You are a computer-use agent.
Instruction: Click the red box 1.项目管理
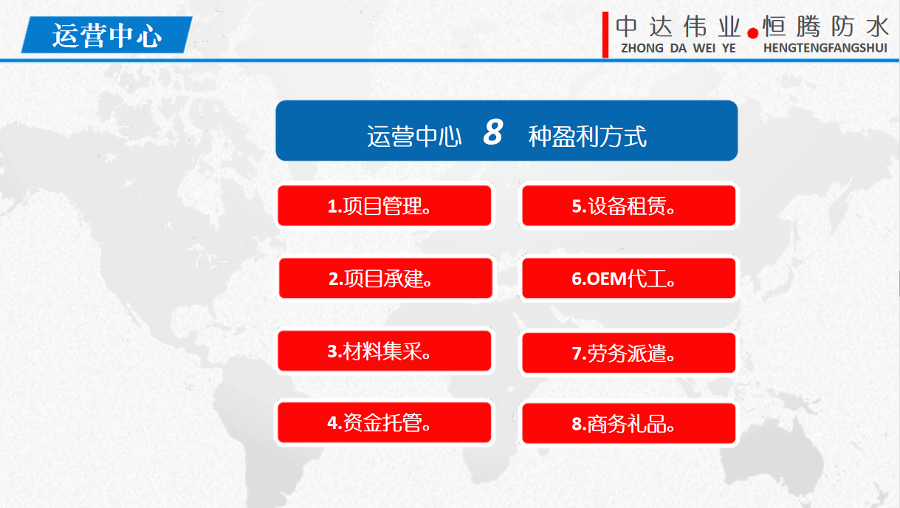[385, 205]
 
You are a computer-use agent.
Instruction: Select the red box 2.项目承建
[385, 278]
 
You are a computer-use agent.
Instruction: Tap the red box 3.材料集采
[385, 351]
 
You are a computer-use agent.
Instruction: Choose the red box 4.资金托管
[385, 422]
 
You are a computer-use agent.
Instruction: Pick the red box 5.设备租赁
[629, 205]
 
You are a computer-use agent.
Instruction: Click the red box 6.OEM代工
[629, 278]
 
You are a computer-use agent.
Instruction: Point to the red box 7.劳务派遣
[629, 353]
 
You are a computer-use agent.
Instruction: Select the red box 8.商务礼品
[629, 424]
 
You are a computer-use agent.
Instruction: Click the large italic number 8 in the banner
[493, 132]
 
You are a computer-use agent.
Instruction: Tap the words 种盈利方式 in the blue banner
[588, 137]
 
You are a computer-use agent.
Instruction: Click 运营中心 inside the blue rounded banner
[414, 137]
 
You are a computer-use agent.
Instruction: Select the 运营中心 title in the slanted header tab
[107, 35]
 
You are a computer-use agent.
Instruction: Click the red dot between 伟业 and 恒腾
[752, 33]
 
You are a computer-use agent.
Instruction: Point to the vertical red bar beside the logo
[605, 35]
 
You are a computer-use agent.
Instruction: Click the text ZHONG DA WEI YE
[679, 48]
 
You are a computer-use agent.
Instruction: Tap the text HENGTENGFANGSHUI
[825, 48]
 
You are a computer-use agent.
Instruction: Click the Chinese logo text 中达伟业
[679, 27]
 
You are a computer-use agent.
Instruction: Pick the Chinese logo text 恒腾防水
[825, 27]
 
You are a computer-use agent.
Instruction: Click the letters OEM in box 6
[606, 279]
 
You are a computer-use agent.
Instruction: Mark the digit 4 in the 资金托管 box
[332, 423]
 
